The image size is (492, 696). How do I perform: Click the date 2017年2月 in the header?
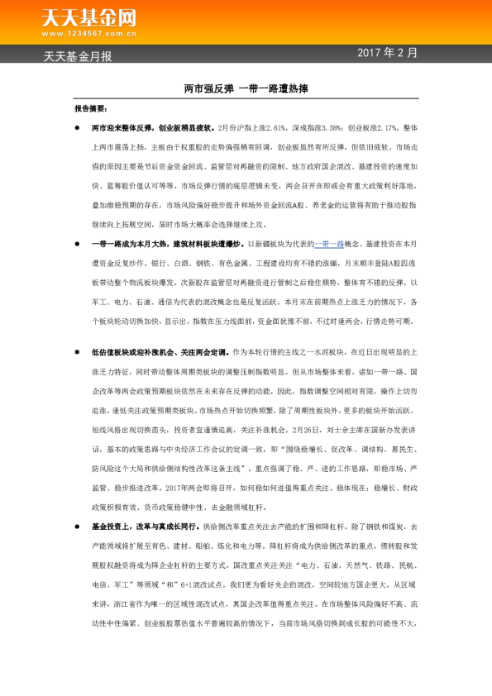point(388,53)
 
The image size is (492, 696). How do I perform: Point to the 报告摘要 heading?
point(90,108)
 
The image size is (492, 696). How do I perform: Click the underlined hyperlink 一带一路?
point(328,244)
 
